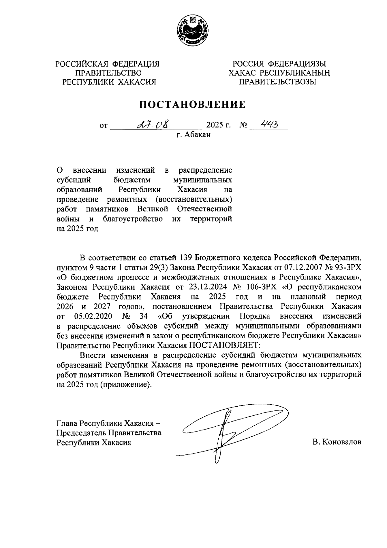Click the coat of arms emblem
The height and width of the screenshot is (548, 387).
pos(193,31)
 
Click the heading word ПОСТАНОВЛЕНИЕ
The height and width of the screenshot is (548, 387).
pos(192,104)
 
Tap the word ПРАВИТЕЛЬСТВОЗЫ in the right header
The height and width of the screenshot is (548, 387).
pos(277,82)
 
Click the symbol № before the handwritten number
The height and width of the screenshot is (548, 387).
pos(243,125)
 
